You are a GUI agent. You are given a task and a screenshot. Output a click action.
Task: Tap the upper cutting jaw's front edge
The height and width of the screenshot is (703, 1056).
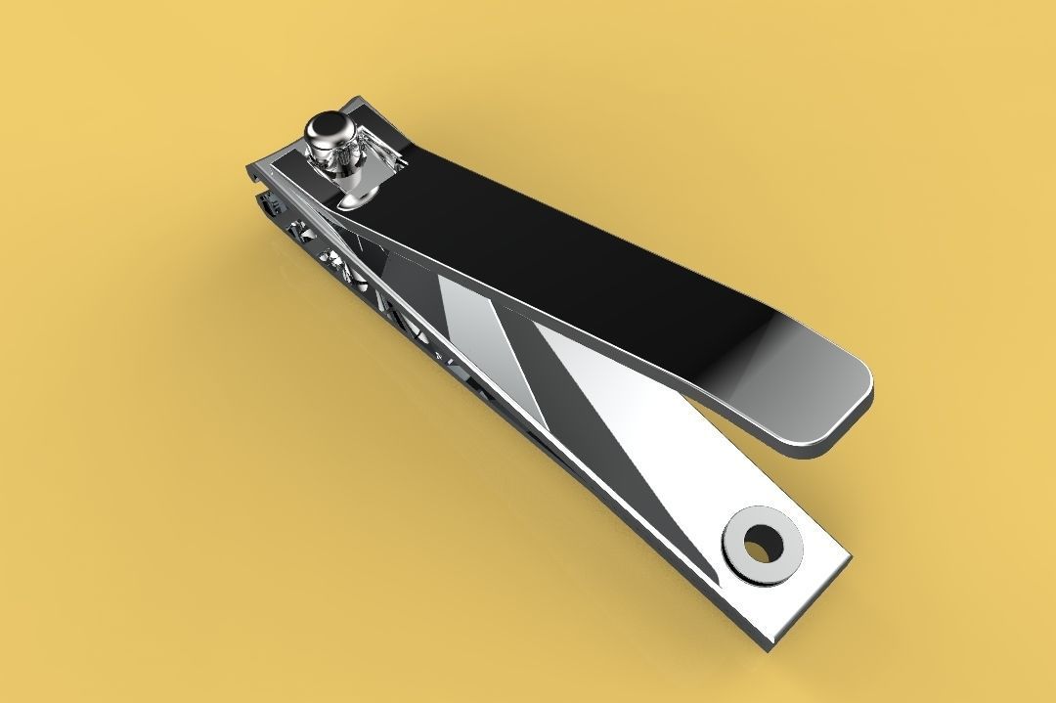[256, 172]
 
